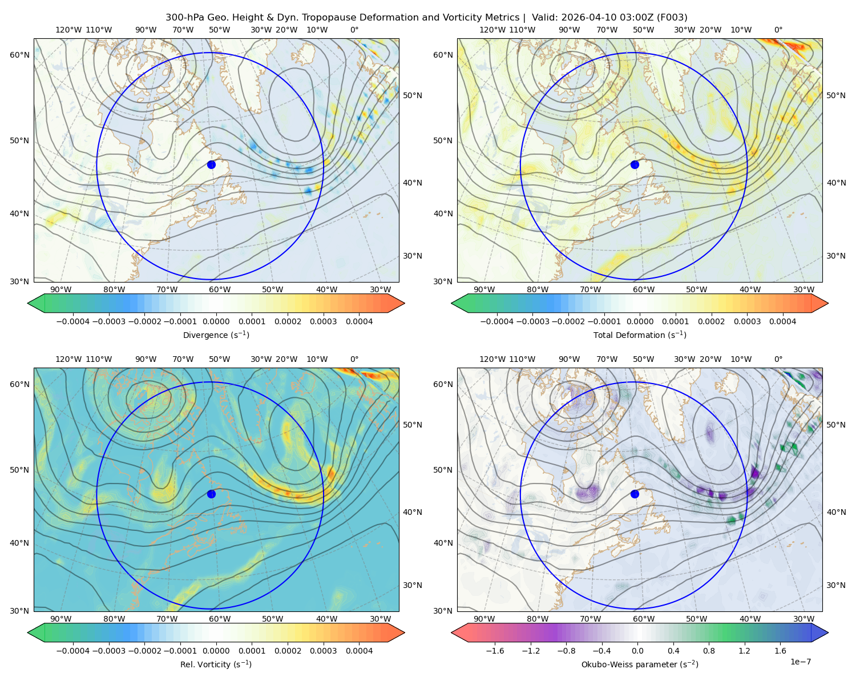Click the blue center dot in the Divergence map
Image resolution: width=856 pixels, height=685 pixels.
[211, 164]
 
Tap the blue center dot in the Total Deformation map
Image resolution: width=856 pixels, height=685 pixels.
[635, 164]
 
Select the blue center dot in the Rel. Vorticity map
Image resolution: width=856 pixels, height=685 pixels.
[211, 494]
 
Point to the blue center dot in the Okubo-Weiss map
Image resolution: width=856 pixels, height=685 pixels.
[635, 494]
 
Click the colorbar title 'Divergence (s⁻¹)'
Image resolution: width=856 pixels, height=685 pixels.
[216, 335]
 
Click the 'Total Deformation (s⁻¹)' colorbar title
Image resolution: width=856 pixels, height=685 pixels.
[640, 335]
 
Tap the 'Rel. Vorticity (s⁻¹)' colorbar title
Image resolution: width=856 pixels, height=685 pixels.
[216, 664]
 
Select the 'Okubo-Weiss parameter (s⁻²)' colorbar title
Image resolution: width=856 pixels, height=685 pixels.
[640, 664]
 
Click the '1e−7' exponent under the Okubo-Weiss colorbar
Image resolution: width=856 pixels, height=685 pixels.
[800, 662]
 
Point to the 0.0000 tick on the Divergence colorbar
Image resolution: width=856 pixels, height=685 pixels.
[216, 321]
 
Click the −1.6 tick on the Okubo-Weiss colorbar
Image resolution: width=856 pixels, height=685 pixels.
[495, 650]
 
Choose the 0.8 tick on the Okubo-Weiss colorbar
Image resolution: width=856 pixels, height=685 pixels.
[709, 650]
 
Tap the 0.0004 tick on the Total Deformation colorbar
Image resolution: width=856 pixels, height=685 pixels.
[782, 321]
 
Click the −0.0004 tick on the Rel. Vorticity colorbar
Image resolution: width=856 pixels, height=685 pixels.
[73, 650]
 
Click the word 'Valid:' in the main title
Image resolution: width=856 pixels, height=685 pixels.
[544, 18]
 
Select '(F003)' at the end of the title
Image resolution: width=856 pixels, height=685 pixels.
[672, 18]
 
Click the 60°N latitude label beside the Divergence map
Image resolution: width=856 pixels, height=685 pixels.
[19, 55]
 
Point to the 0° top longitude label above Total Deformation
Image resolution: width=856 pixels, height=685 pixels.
[778, 30]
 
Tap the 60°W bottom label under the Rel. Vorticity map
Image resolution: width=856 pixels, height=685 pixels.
[220, 619]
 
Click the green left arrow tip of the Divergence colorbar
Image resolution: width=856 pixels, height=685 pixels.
[28, 303]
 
